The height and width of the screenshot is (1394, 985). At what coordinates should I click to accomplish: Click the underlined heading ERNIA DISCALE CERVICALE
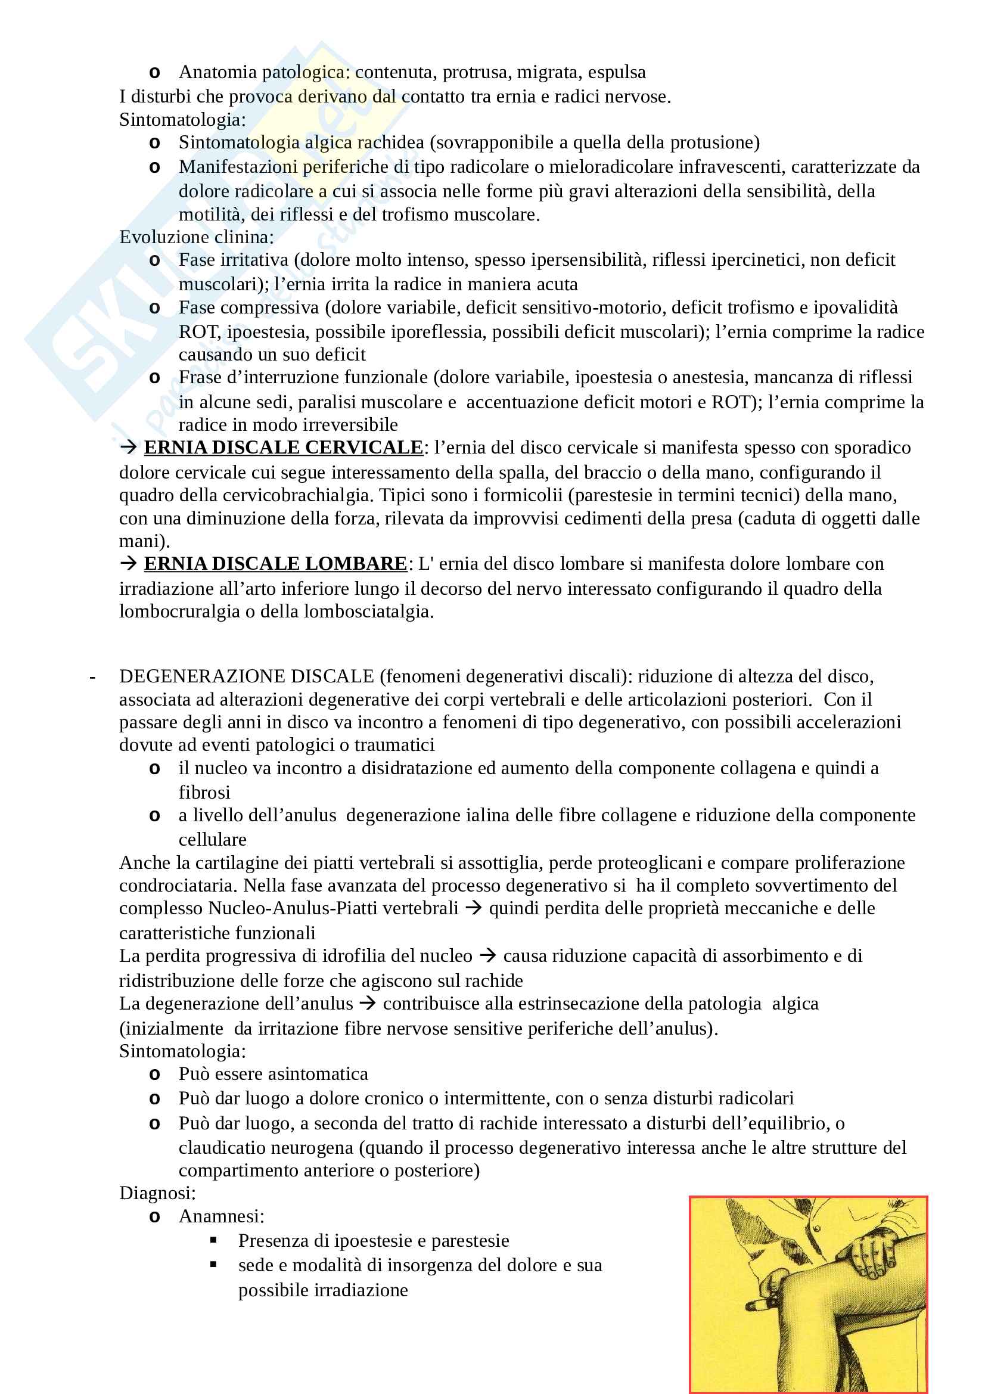(283, 448)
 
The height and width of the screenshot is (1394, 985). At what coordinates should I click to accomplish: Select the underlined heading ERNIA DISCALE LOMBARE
(275, 564)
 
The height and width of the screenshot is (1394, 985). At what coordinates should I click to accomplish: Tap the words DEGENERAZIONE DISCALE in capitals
(247, 676)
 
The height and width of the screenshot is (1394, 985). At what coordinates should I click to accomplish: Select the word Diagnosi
(157, 1193)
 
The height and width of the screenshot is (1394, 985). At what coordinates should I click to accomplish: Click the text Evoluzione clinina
(196, 237)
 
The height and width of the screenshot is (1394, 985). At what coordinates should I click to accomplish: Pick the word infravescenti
(732, 167)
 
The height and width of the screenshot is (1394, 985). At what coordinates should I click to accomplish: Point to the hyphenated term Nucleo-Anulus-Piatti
(333, 908)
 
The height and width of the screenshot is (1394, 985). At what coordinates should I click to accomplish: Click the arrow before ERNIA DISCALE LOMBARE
(128, 564)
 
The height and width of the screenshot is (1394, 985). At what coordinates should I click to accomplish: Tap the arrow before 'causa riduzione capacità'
(487, 956)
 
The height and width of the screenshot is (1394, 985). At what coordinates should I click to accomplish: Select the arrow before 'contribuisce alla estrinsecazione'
(368, 1004)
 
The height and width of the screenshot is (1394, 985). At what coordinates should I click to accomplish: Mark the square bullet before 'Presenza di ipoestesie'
(214, 1240)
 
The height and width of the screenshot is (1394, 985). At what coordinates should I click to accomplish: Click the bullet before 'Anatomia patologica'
(155, 73)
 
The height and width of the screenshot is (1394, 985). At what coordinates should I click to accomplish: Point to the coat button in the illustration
(818, 1228)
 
